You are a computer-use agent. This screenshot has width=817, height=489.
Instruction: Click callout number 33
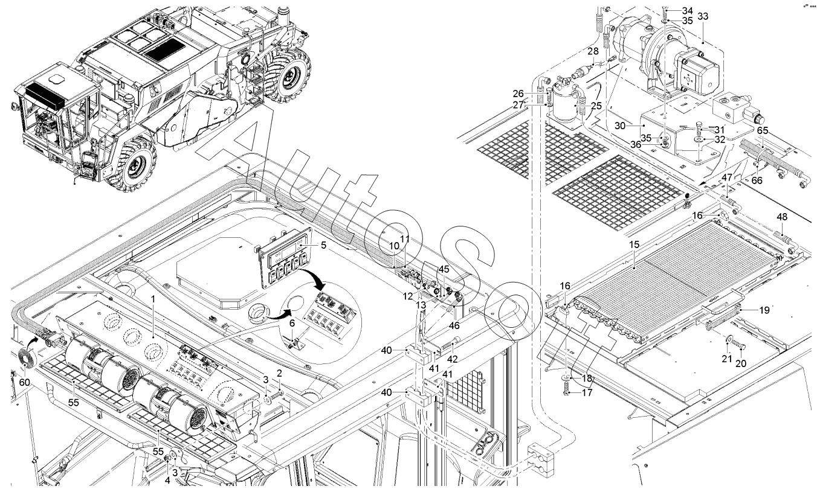[x=703, y=16]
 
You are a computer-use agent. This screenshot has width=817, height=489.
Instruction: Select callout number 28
[x=593, y=51]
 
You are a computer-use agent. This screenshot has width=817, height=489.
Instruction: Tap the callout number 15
[x=635, y=245]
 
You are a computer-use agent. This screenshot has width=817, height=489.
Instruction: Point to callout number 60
[x=24, y=382]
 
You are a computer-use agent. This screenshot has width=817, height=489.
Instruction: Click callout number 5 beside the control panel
[x=323, y=245]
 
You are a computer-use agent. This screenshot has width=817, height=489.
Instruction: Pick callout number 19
[x=764, y=310]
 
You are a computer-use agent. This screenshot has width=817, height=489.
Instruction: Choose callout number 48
[x=782, y=217]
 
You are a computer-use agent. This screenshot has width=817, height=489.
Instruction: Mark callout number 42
[x=452, y=359]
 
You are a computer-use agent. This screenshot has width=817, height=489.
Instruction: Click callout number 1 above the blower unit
[x=153, y=299]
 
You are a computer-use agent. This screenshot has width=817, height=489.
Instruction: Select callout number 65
[x=763, y=130]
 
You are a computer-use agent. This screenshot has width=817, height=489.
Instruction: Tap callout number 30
[x=620, y=126]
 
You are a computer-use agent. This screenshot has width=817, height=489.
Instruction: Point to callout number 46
[x=454, y=325]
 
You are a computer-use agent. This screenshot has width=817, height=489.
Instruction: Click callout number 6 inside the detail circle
[x=292, y=323]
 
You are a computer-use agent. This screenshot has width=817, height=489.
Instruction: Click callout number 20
[x=741, y=363]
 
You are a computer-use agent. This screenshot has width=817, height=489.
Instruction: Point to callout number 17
[x=587, y=393]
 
